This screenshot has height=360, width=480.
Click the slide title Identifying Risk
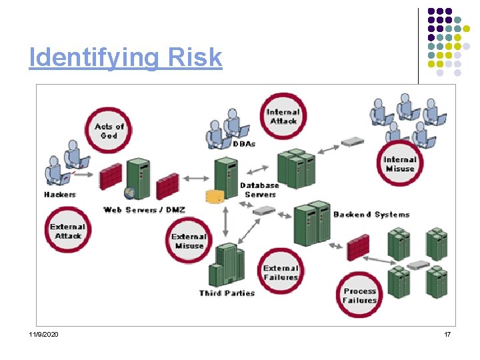pos(125,58)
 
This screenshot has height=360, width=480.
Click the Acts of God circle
pos(110,131)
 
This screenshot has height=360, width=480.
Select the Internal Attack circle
pos(283,116)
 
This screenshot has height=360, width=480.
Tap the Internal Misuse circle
pos(400,164)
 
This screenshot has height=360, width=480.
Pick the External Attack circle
pos(67,231)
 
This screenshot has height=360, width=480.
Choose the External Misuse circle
pos(189,241)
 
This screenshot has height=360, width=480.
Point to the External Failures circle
pos(281,272)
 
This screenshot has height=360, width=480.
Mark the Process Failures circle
pos(360,295)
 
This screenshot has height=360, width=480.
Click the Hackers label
pos(60,195)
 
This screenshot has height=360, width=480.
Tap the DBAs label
pos(244,143)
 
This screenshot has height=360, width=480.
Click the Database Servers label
pos(259,190)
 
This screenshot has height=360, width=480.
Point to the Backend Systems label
pos(371,215)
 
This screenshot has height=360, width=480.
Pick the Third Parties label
pos(227,293)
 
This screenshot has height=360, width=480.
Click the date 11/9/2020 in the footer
pos(43,334)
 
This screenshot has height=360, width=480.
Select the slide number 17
pos(447,334)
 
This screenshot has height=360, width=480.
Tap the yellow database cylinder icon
pos(214,196)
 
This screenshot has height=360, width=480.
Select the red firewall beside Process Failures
pos(358,248)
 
